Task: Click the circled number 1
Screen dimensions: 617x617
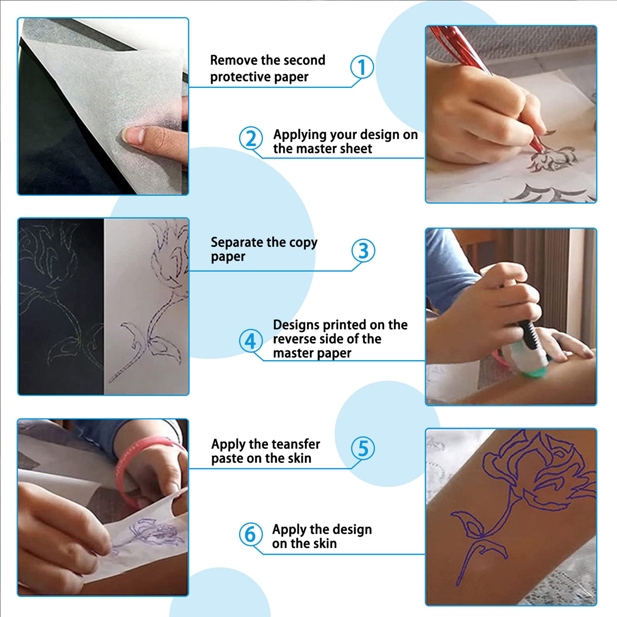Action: [x=362, y=67]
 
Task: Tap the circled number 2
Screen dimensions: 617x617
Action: [x=251, y=138]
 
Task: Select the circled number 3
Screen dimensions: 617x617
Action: [x=363, y=251]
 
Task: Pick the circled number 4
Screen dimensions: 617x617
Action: [x=251, y=341]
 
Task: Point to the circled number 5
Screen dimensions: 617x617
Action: [x=363, y=448]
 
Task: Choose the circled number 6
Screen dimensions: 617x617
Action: [x=251, y=534]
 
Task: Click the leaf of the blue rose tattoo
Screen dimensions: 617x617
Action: [x=469, y=524]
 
